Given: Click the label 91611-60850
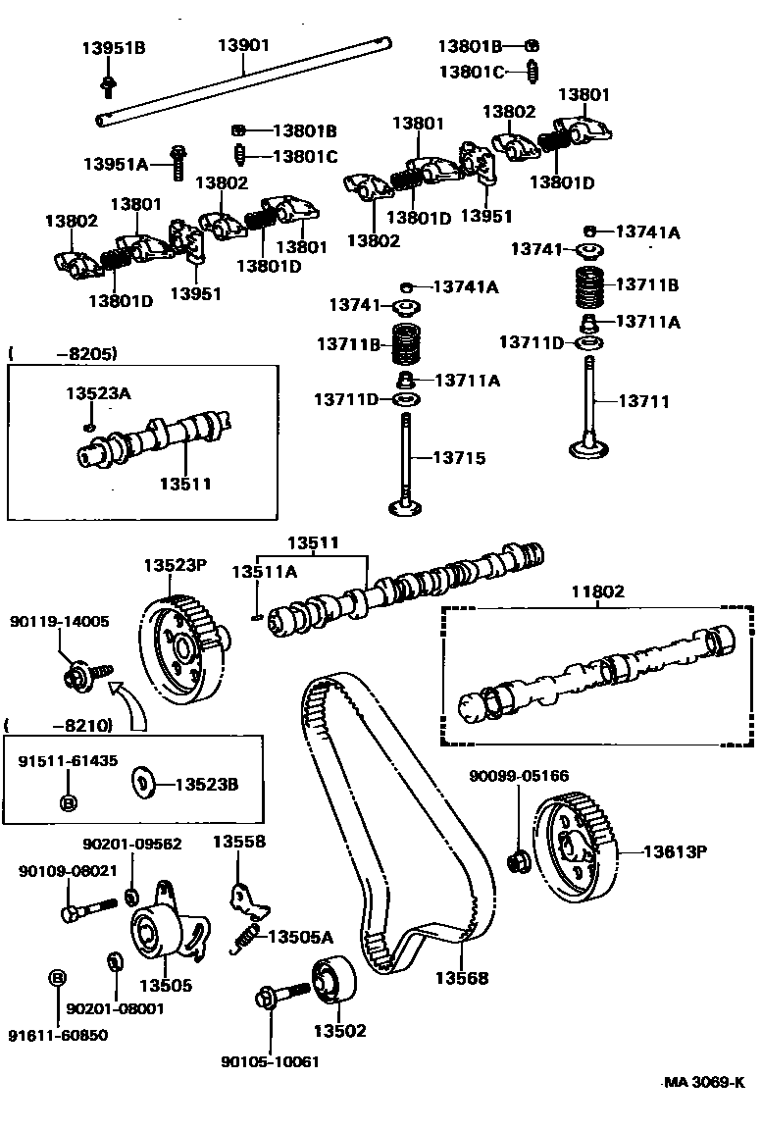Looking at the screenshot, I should pyautogui.click(x=58, y=1034).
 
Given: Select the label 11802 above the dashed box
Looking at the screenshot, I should pyautogui.click(x=597, y=592).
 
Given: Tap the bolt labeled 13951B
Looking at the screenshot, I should pyautogui.click(x=107, y=87).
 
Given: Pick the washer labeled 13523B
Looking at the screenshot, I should pyautogui.click(x=142, y=783).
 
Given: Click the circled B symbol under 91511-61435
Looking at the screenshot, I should pyautogui.click(x=68, y=803).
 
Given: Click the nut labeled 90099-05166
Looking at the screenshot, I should pyautogui.click(x=517, y=862).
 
